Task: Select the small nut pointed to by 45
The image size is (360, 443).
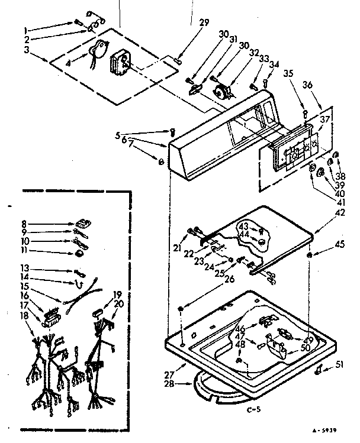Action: tap(310, 254)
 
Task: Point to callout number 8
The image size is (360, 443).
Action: tap(25, 224)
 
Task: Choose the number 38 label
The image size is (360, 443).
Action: tap(340, 176)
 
